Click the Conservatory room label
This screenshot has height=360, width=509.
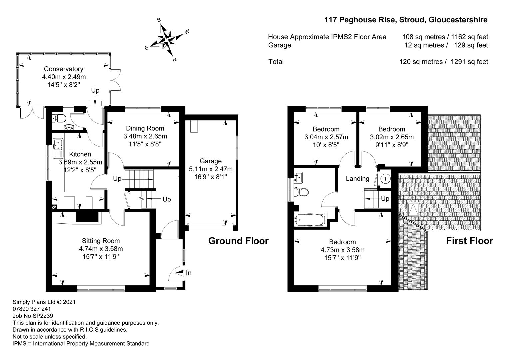(64, 69)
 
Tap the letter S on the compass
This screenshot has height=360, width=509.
(159, 20)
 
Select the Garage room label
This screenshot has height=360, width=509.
(211, 161)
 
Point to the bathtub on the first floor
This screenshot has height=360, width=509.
(310, 220)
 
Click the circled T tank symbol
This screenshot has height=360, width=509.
(385, 179)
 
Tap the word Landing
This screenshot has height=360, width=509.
(357, 179)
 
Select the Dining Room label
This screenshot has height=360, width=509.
(145, 128)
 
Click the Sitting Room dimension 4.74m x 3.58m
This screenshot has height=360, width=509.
(101, 249)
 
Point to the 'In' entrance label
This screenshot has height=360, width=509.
(189, 273)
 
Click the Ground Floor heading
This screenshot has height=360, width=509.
(239, 241)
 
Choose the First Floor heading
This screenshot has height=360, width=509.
(469, 241)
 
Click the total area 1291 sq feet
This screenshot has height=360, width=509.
(469, 62)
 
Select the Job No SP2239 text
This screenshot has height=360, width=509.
(33, 316)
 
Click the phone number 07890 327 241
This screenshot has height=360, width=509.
(32, 309)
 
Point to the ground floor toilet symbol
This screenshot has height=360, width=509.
(60, 118)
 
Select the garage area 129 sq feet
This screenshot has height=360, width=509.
(471, 45)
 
